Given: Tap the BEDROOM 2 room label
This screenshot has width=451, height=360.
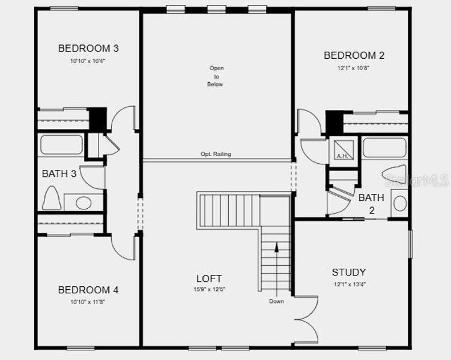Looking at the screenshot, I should [354, 56].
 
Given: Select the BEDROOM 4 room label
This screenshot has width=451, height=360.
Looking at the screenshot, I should [88, 290].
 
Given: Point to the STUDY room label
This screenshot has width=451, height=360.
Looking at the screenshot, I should [348, 272].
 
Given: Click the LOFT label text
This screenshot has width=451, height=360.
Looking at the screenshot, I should [208, 279].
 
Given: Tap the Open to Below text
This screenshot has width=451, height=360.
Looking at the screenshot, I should [216, 76].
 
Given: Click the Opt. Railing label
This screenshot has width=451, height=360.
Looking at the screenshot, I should [216, 154].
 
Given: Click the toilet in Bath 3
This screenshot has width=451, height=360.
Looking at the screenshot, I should [52, 198].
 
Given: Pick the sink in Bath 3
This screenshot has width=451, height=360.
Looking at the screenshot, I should [83, 203].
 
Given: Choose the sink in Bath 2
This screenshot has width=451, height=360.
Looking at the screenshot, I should [399, 203].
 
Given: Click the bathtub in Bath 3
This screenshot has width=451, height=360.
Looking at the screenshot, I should [61, 145].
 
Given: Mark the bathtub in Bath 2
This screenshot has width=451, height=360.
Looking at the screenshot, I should [384, 148].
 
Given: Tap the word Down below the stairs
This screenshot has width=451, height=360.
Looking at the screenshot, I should [276, 301].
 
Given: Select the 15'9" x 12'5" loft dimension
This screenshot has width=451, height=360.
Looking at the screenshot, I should [208, 289].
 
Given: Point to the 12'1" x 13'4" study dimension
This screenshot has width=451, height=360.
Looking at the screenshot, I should [348, 284].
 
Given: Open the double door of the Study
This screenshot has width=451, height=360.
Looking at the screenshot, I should [306, 320].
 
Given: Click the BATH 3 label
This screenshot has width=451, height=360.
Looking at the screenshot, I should [59, 174].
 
